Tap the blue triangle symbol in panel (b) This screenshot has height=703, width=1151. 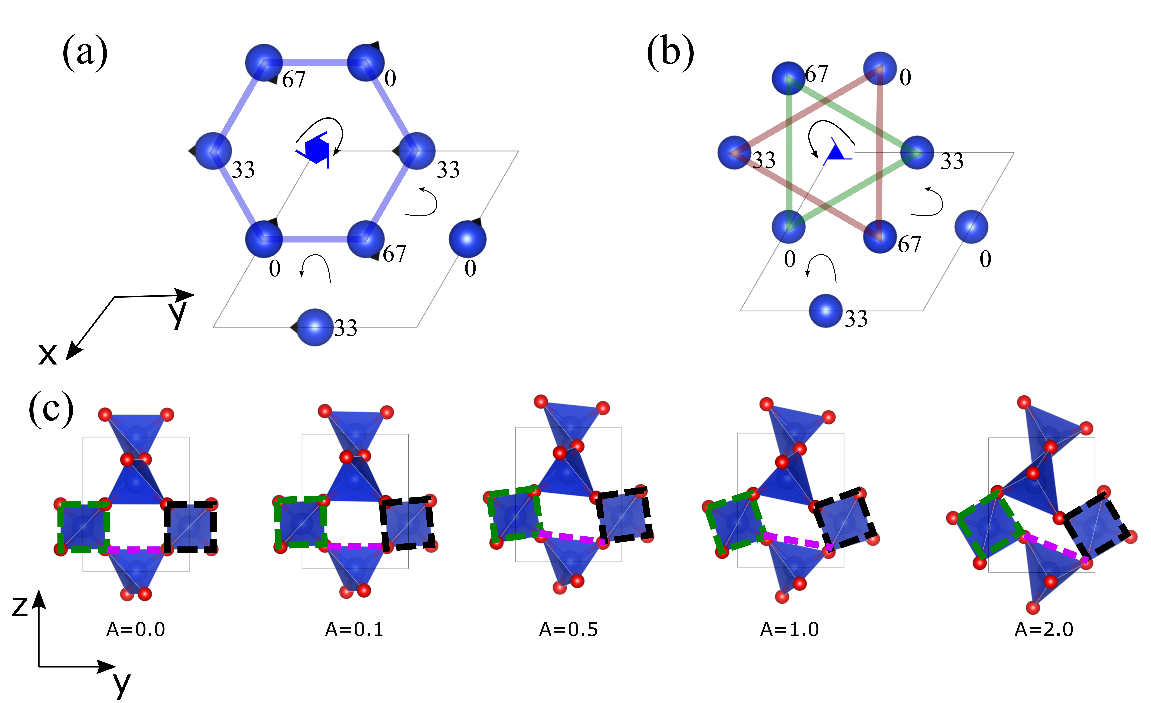pos(835,152)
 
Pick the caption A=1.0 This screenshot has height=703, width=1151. pos(789,630)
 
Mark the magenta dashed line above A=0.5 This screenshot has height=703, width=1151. pos(571,537)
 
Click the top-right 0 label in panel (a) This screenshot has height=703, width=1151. pos(390,78)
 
